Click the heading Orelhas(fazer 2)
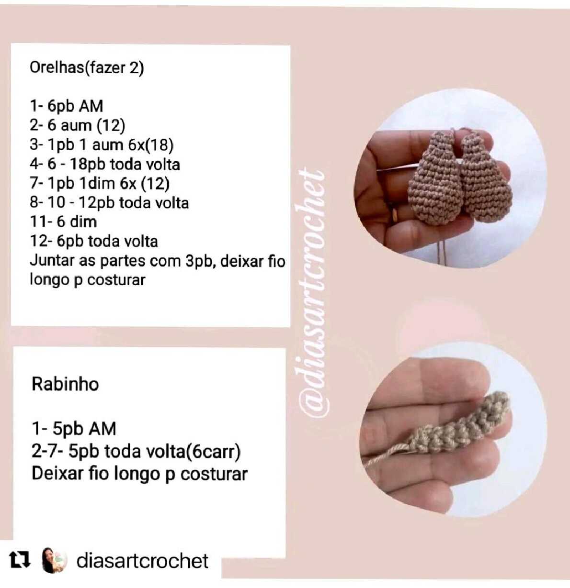87,67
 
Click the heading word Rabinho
65,384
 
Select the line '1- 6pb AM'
67,106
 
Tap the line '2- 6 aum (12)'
78,125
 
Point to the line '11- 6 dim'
64,222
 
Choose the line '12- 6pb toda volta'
94,241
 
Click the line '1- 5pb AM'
74,429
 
